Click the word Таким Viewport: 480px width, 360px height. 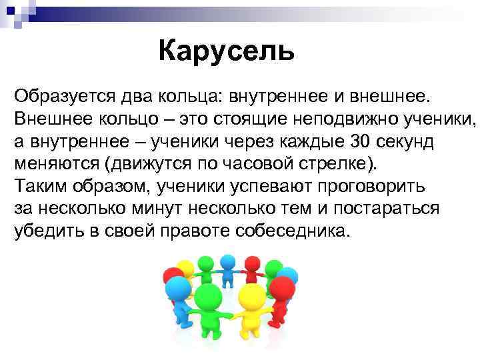pos(37,186)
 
